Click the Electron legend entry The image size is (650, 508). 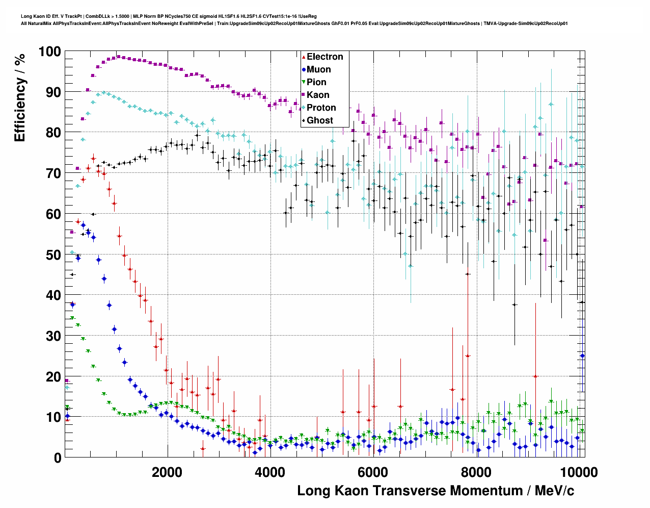point(324,57)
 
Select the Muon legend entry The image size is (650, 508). point(318,69)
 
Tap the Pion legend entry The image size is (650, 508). point(316,82)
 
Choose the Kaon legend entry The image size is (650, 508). point(318,95)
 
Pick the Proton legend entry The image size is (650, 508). point(321,108)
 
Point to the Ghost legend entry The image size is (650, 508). point(319,120)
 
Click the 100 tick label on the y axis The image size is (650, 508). point(49,52)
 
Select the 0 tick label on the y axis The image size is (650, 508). point(57,458)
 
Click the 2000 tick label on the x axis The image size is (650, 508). point(167,472)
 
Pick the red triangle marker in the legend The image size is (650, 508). point(304,57)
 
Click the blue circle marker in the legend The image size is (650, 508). point(304,69)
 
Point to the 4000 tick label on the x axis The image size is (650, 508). point(269,472)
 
